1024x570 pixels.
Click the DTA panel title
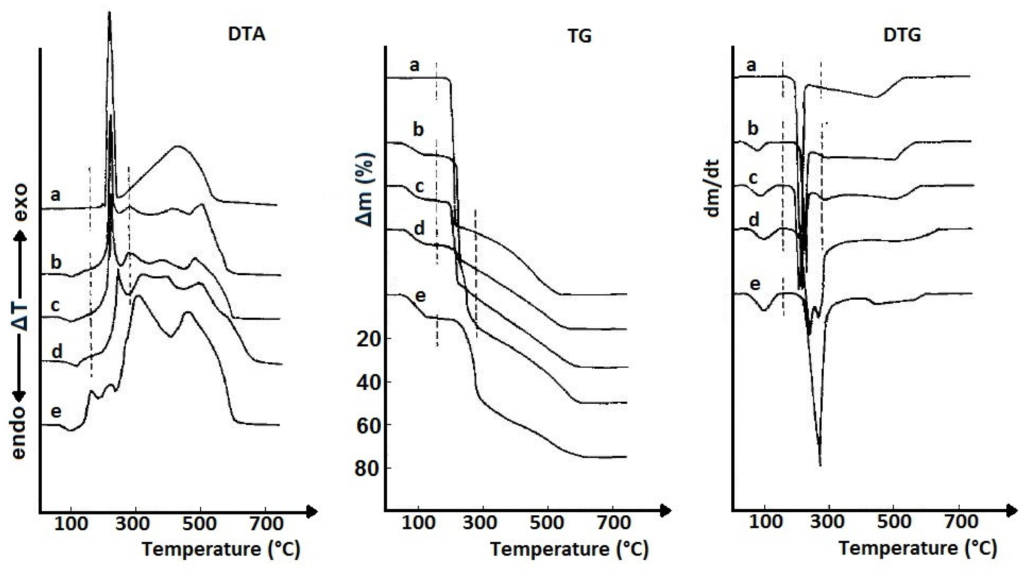(x=247, y=34)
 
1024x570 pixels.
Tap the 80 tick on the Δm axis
(x=368, y=468)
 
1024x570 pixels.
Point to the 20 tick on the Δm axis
(x=368, y=339)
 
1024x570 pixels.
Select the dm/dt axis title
(x=713, y=188)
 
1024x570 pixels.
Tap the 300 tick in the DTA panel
(x=135, y=524)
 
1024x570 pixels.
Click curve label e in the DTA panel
(x=56, y=412)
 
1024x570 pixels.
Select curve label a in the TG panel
(x=414, y=65)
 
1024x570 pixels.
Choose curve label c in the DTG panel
(x=753, y=178)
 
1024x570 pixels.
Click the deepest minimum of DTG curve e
(x=820, y=465)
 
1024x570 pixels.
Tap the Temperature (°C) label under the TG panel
(x=569, y=549)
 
